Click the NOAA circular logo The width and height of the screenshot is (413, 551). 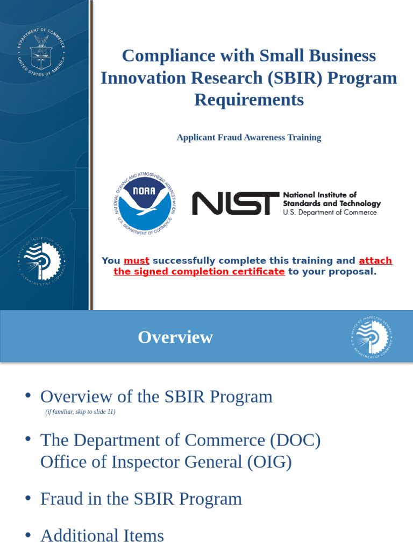point(145,203)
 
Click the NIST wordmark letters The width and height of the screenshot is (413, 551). point(236,203)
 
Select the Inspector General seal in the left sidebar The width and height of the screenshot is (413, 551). point(41,260)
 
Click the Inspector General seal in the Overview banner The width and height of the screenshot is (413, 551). point(371,338)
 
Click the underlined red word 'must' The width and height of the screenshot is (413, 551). point(136,261)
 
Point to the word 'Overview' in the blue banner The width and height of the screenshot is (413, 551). point(175,337)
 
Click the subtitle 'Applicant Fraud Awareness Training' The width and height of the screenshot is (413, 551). point(248,137)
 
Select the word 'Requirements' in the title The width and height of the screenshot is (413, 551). point(248,100)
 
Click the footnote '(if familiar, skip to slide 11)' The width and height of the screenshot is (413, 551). point(80,412)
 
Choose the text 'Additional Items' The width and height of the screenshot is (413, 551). point(102,535)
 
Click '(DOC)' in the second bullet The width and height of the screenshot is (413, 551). point(295,440)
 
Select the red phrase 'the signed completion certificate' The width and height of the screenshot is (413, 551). point(199,272)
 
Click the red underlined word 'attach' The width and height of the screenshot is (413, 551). point(375,261)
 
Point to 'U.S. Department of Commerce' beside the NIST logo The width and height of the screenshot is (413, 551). point(330,213)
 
